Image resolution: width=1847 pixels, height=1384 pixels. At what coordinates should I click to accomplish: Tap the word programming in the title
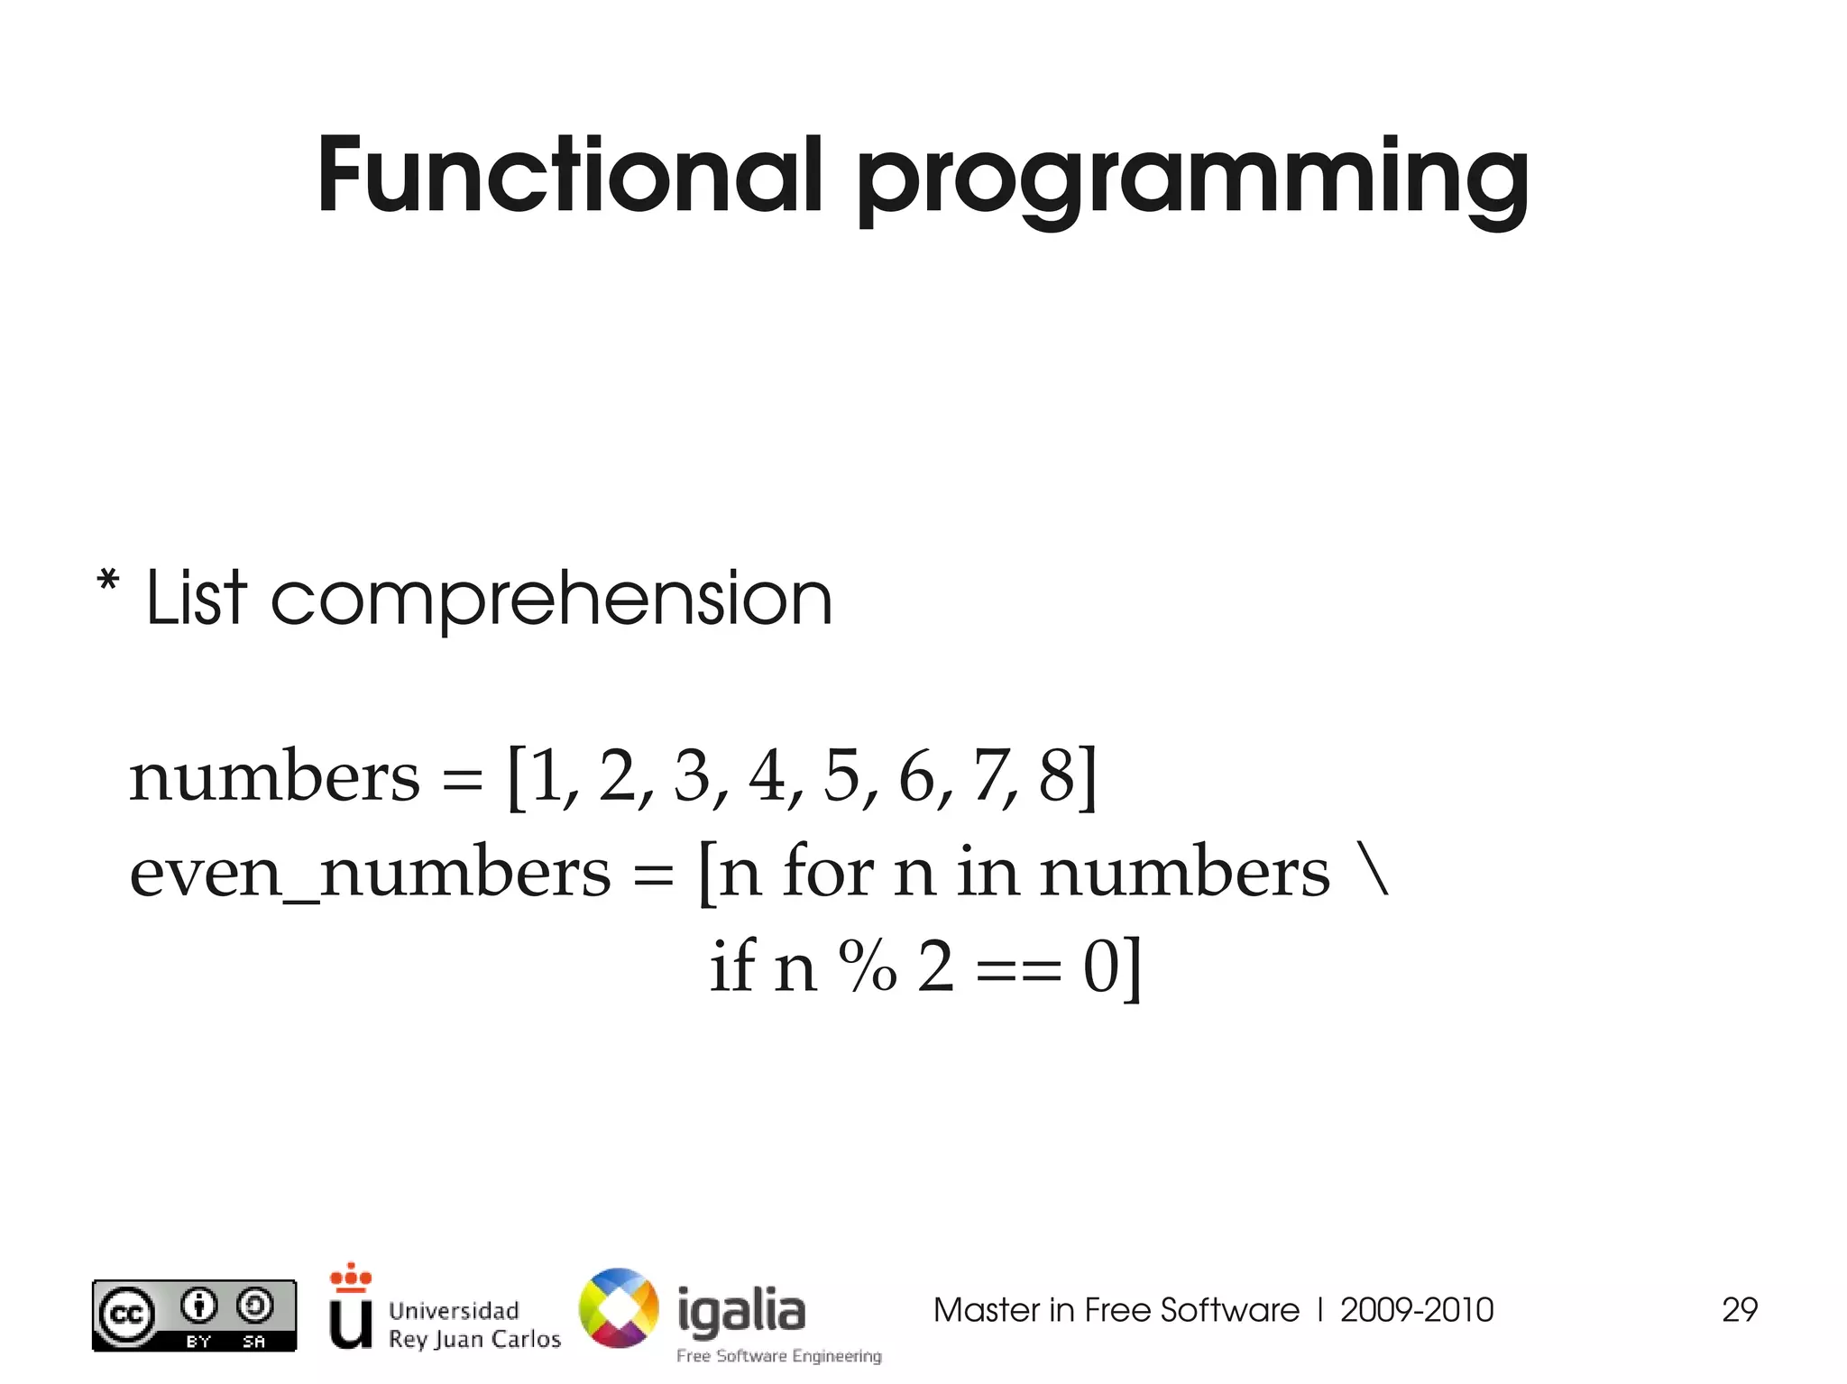pos(1191,180)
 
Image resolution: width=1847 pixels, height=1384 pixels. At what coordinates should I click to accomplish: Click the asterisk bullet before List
pos(107,581)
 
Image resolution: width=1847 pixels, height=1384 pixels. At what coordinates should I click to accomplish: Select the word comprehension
pos(551,600)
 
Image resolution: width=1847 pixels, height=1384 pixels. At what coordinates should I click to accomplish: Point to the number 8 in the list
pos(1057,775)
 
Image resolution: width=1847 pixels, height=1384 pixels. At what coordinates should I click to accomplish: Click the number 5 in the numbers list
pos(841,775)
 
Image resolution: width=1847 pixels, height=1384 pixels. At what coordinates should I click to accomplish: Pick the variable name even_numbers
pos(370,873)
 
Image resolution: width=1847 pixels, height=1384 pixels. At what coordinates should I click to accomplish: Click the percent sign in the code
pos(868,967)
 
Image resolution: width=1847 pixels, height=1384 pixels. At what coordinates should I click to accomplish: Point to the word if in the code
pos(731,965)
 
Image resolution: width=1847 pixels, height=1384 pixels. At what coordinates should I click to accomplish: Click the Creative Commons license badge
pos(194,1315)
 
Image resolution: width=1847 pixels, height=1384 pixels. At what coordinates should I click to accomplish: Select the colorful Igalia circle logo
pos(619,1308)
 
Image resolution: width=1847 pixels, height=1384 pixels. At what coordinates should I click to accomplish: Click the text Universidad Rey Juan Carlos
pos(473,1324)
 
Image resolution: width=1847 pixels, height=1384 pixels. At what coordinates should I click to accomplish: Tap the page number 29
pos(1739,1310)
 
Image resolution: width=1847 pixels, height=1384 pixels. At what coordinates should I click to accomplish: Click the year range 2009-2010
pos(1416,1310)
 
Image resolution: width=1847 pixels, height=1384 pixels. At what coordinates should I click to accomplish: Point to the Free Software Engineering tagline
pos(779,1356)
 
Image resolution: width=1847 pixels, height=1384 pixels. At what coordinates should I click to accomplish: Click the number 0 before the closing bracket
pos(1100,967)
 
